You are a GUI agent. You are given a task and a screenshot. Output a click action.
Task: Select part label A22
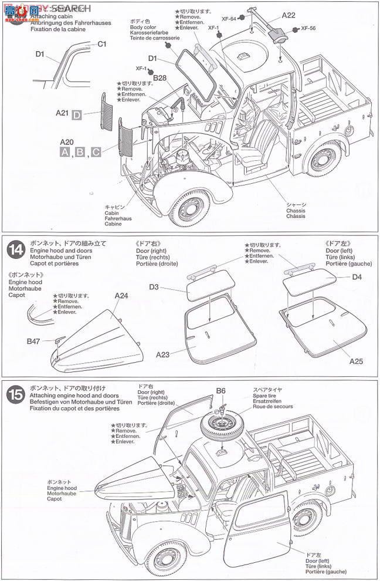(288, 15)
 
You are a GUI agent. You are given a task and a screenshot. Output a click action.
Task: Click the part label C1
(101, 43)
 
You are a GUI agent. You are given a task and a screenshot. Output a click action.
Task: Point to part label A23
(164, 354)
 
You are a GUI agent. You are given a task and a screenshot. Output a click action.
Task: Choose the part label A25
(357, 361)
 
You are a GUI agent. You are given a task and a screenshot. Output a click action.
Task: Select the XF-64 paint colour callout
(229, 18)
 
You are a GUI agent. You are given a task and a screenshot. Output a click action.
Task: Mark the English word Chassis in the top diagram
(296, 211)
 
